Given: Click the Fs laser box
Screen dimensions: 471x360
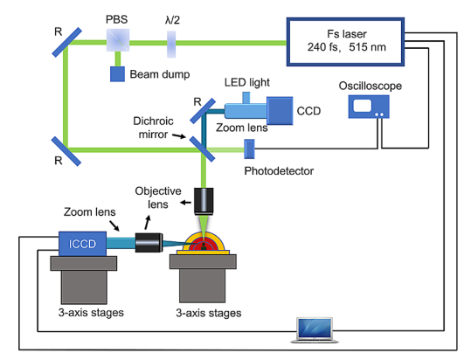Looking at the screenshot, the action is (x=345, y=42).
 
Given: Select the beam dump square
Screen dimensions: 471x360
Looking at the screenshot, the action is (x=117, y=74).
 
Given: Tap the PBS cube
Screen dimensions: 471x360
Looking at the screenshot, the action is (x=118, y=40).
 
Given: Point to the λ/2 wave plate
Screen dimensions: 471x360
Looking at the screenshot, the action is (x=171, y=45).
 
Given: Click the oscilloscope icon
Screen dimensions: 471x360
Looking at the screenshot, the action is (x=369, y=107).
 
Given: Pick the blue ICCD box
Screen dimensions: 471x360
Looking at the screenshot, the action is (x=82, y=244).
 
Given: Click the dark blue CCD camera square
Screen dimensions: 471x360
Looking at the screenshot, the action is (x=280, y=110).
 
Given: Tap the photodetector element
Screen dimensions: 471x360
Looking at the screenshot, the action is (x=249, y=149).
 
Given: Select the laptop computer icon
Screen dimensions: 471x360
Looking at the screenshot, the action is (x=315, y=330).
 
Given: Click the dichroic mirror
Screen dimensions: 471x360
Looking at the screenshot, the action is (x=202, y=149).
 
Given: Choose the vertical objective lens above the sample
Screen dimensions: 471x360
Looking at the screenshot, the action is (x=204, y=201).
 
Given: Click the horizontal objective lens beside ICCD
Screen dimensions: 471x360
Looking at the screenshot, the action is (x=149, y=243).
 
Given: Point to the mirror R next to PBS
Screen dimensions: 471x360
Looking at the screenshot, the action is (x=66, y=42).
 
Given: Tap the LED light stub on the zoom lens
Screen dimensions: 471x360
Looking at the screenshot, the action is (x=246, y=98).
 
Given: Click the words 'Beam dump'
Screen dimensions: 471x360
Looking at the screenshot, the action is (x=160, y=74).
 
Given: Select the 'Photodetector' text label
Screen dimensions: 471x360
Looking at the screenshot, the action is (x=279, y=171).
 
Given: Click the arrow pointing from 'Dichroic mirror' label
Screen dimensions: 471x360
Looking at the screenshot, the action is (x=179, y=136).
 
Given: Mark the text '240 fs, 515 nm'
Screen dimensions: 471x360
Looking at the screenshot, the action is (x=346, y=47).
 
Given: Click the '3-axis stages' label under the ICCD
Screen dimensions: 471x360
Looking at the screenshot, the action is (x=91, y=313).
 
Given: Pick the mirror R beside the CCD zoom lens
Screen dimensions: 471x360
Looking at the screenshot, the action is (x=203, y=111).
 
